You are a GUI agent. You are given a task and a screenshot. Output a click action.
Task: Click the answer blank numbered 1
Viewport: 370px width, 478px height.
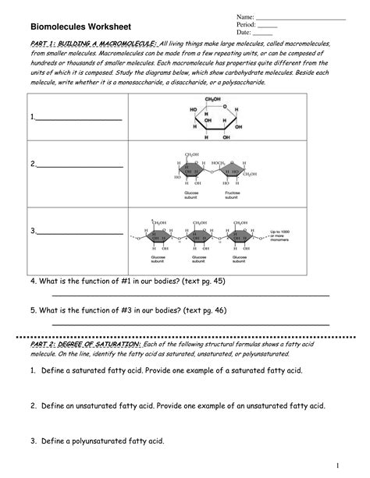(x=78, y=119)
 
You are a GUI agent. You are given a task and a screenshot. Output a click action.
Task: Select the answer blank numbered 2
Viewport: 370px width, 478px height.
(x=78, y=165)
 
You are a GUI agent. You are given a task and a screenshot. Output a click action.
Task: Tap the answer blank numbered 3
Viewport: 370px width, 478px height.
(x=78, y=232)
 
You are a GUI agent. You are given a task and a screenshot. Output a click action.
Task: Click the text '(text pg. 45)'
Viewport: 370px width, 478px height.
(x=201, y=280)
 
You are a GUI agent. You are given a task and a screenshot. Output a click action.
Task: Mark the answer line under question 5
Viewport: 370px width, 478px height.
(x=190, y=323)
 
